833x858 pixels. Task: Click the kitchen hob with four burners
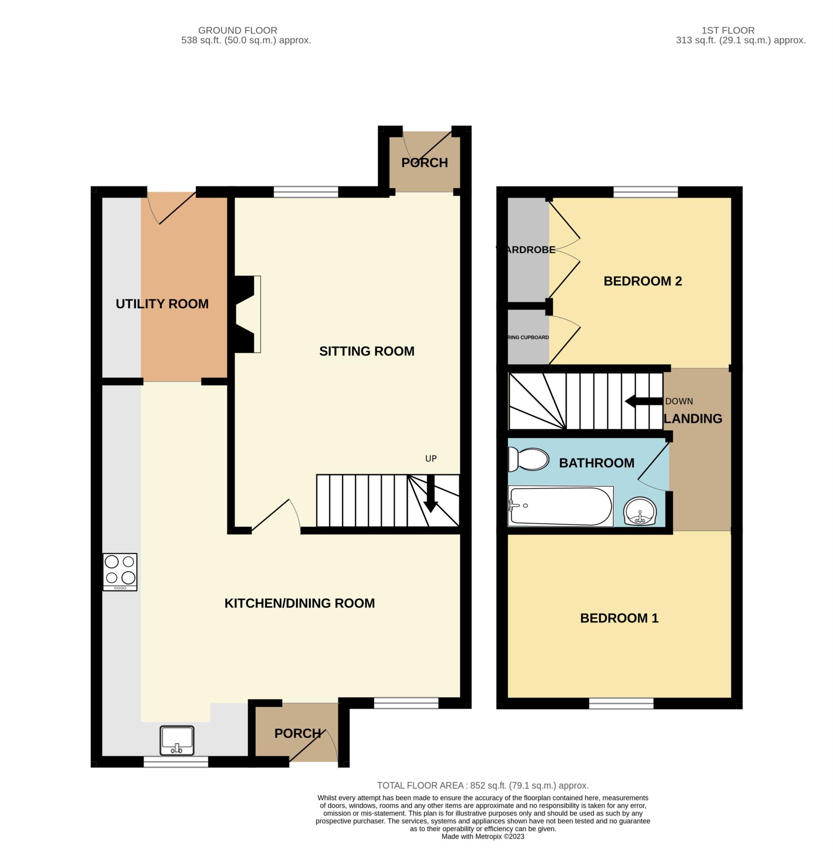120,572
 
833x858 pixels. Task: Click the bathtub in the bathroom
560,506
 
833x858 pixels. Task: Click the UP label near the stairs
431,459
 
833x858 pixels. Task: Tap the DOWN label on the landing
678,401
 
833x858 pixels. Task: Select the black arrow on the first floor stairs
643,401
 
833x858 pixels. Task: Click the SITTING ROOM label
366,351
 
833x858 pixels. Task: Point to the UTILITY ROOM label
162,304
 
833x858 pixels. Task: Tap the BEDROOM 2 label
642,281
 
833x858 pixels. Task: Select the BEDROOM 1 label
619,618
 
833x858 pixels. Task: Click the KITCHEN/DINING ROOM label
299,603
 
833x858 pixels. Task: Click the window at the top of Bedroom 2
645,192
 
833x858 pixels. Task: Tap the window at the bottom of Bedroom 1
621,703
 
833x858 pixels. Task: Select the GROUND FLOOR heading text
237,31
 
